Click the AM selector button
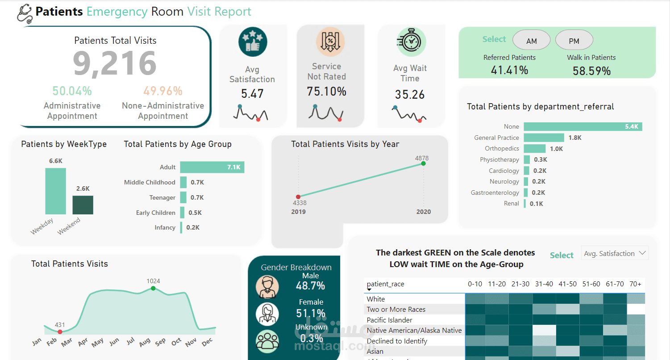(531, 41)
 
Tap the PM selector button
(574, 41)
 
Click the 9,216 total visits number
(115, 63)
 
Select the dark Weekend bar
(83, 205)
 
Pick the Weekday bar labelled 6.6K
(55, 191)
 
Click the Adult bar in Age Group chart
(212, 167)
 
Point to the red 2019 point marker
(299, 196)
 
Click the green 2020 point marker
(424, 163)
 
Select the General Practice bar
(543, 138)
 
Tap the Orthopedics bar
(535, 148)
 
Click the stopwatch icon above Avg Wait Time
(409, 42)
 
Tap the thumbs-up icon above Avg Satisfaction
(253, 42)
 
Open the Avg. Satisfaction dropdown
(615, 253)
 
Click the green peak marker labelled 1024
(153, 289)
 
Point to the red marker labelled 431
(60, 332)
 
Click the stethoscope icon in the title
(25, 13)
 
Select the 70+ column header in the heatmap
(636, 284)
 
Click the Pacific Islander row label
(389, 320)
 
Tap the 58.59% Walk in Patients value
(591, 71)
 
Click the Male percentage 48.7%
(311, 286)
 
